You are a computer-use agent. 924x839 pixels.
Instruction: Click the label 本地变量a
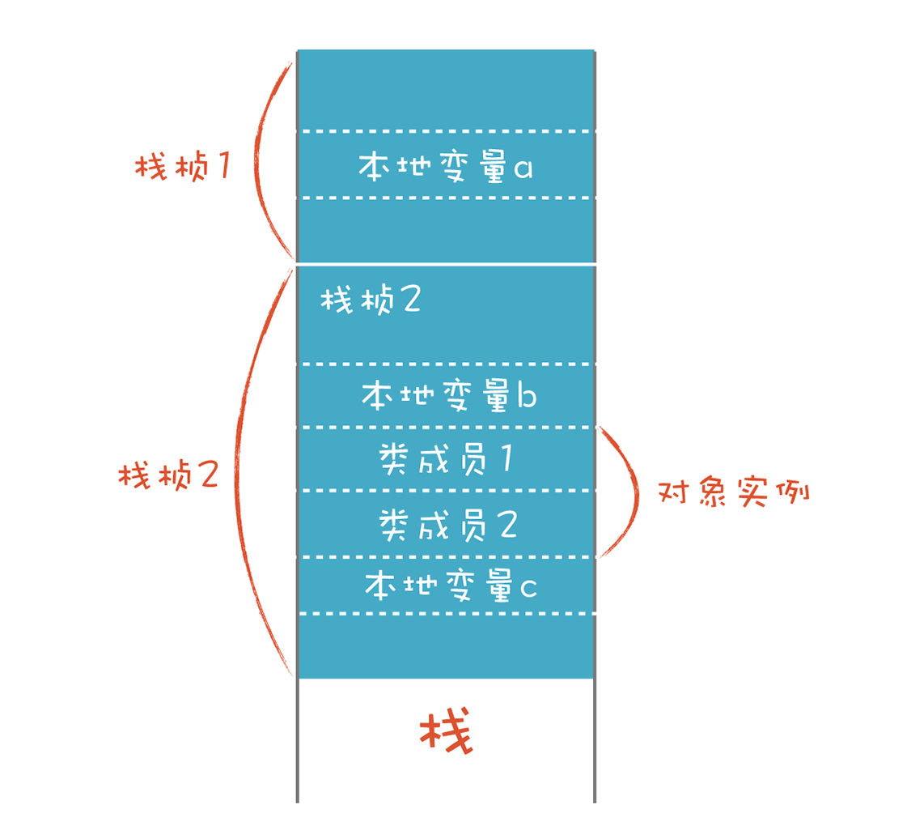click(x=446, y=166)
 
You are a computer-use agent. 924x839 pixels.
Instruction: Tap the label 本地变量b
click(x=449, y=394)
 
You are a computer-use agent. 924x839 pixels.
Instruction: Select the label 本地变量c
click(x=451, y=585)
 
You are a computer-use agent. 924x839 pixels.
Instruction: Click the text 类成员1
click(x=446, y=459)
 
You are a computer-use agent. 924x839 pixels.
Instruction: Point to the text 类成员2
click(x=448, y=525)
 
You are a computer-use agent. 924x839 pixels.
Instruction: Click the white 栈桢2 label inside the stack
click(x=371, y=299)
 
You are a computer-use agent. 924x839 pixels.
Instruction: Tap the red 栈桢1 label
click(x=183, y=165)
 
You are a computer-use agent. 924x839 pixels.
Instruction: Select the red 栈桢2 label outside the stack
click(x=168, y=475)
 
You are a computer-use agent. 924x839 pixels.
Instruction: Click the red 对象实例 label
click(x=734, y=492)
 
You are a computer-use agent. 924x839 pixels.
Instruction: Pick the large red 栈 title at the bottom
click(x=446, y=730)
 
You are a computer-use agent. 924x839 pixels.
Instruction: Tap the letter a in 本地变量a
click(x=523, y=168)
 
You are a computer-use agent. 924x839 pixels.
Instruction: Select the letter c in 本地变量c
click(x=528, y=588)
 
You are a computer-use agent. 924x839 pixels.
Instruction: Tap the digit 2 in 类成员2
click(x=509, y=525)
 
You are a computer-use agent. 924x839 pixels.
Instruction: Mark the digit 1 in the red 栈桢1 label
click(x=224, y=165)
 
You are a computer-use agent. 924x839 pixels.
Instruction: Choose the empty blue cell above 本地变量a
click(x=446, y=91)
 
